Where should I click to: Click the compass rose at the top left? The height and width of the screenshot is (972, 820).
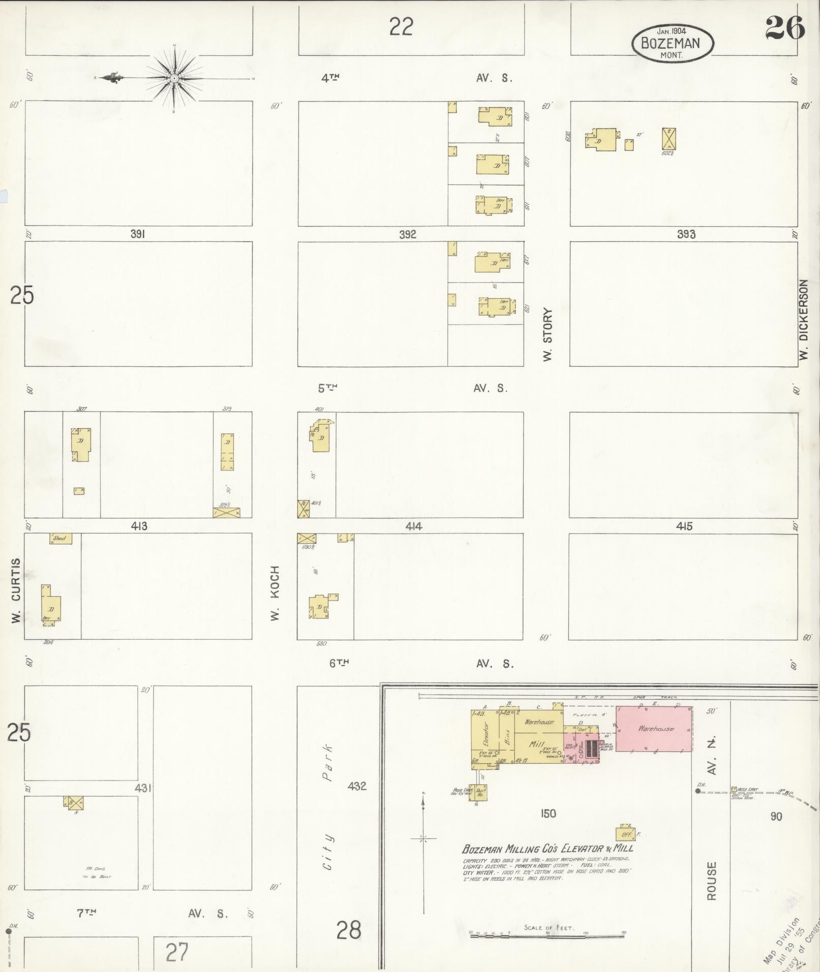coord(174,78)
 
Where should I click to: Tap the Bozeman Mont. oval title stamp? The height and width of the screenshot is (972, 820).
coord(672,43)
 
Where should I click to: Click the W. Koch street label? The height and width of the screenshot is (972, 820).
coord(275,593)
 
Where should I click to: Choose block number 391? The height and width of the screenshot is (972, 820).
coord(138,234)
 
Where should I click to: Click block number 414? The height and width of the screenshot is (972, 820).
coord(414,526)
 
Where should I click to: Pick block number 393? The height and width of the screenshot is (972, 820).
coord(686,234)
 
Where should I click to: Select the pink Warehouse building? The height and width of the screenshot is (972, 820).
coord(654,729)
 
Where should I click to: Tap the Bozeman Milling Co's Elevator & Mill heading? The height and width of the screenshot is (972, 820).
coord(548,849)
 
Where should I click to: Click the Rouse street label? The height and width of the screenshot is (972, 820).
coord(711,880)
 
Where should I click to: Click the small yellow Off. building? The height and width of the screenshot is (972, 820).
coord(625,834)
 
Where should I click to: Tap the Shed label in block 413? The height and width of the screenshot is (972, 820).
coord(60,539)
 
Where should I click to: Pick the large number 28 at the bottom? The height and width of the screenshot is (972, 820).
coord(349,930)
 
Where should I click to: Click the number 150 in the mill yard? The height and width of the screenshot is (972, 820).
coord(548,813)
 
